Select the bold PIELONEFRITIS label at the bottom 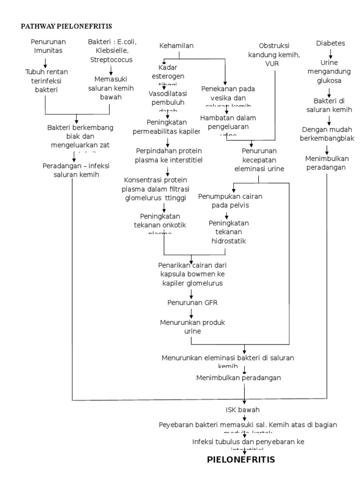241,459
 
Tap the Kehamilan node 176,45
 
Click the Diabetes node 330,43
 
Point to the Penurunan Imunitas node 45,46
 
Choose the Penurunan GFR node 193,302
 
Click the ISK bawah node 242,410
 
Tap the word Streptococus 112,60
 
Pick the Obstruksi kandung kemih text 274,50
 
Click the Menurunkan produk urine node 192,327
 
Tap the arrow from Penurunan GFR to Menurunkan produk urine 192,314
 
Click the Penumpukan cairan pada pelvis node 230,201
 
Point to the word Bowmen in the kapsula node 195,274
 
